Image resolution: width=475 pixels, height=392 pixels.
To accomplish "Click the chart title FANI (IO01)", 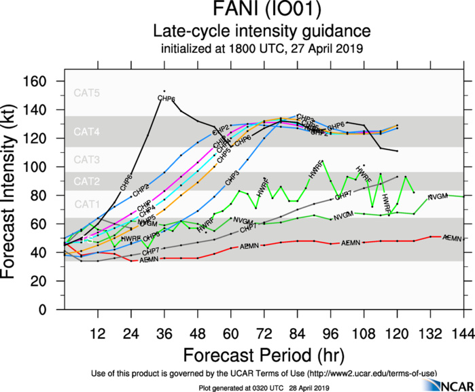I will [x=261, y=12].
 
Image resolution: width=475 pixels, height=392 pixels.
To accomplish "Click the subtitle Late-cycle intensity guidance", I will [x=262, y=31].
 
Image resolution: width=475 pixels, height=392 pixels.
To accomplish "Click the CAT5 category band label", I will [x=87, y=93].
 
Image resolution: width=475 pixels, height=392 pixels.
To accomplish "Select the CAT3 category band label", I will [x=87, y=160].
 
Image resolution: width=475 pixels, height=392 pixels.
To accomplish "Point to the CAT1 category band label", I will [x=87, y=203].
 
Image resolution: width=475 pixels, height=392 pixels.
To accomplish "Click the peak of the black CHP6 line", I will [x=164, y=91].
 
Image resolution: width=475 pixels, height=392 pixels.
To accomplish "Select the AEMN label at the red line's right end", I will [x=451, y=238].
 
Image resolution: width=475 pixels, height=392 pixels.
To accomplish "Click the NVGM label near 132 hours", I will [x=437, y=197].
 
